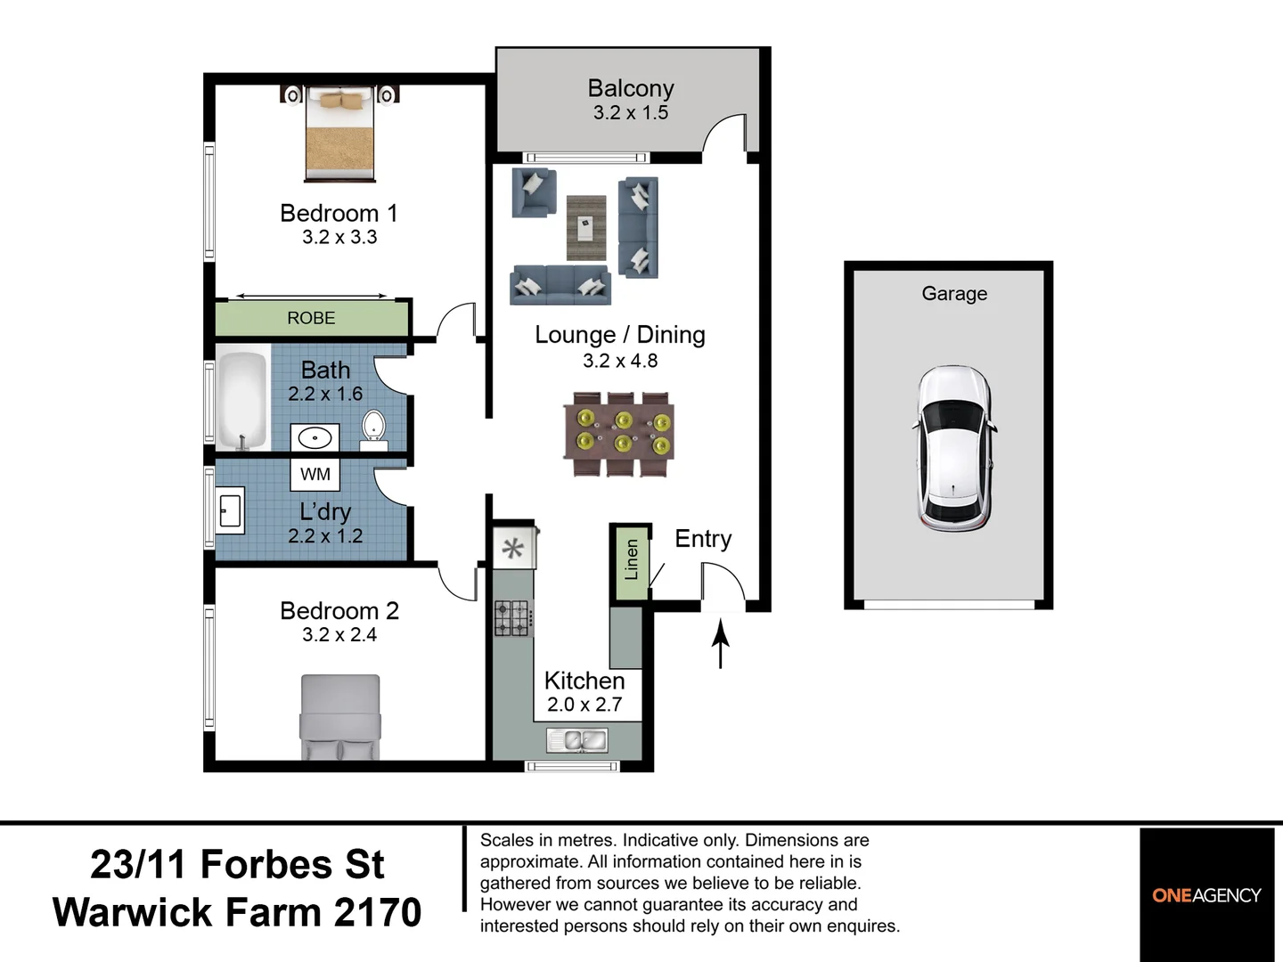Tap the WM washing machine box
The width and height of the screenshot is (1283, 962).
tap(315, 474)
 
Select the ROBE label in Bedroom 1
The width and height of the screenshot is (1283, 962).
tap(311, 318)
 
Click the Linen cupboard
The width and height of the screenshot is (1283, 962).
tap(631, 561)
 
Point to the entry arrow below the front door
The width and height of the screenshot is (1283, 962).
tap(720, 645)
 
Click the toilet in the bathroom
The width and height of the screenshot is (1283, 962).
tap(373, 427)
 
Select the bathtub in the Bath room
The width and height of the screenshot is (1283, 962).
tap(242, 400)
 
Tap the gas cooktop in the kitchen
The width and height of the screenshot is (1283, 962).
tap(513, 617)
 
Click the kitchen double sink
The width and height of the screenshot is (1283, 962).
tap(577, 739)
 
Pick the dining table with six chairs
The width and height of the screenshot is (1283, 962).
tap(619, 433)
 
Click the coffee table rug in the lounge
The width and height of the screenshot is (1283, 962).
tap(585, 227)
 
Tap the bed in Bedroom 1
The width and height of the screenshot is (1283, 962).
tap(340, 134)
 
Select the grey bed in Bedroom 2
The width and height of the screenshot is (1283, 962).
tap(340, 717)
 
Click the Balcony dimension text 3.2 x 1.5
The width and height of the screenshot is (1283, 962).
tap(631, 113)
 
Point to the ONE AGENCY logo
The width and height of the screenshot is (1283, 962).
tap(1206, 895)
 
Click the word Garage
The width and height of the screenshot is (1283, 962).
tap(954, 293)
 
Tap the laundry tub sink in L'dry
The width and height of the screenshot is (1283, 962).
tap(231, 510)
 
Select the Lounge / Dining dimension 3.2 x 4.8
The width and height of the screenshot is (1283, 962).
tap(620, 361)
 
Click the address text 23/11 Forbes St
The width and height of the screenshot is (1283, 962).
tap(237, 864)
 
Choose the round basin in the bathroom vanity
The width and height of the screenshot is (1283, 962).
tap(315, 437)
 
